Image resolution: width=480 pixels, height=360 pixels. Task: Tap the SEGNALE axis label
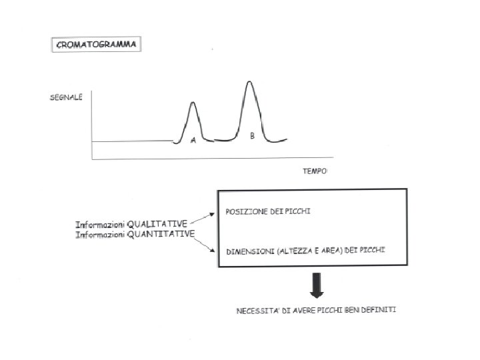[67, 97]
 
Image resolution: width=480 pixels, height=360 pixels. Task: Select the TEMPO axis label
[315, 171]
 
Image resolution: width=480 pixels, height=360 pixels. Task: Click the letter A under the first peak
[193, 140]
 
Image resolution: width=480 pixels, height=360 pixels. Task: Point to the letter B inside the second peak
[252, 136]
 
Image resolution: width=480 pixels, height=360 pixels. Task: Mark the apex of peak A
[193, 102]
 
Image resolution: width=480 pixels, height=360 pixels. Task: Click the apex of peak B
[249, 81]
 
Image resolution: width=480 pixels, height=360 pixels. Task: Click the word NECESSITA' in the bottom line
[257, 311]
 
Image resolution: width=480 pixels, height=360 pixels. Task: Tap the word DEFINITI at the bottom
[379, 311]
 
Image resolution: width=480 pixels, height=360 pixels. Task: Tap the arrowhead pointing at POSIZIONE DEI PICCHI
[215, 212]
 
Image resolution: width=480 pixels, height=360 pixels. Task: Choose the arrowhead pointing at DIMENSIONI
[215, 251]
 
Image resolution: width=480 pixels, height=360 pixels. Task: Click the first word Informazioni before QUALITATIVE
[99, 224]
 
